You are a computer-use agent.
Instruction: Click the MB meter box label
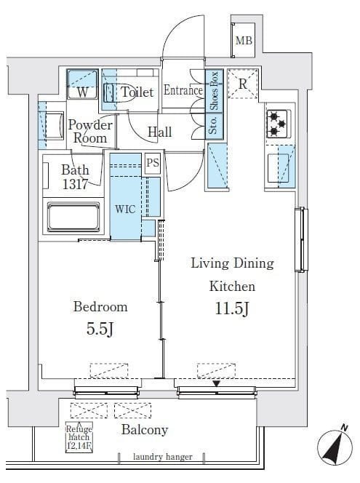244,40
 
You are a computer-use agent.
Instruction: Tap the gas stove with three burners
278,124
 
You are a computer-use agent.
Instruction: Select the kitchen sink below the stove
278,168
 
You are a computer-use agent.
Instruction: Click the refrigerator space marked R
243,84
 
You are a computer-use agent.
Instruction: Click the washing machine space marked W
82,84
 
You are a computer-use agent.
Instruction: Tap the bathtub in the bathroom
73,217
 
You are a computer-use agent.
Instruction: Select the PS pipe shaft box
153,163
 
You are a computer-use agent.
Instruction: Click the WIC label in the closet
125,209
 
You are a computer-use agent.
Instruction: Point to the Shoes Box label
214,90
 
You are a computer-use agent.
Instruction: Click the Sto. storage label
213,126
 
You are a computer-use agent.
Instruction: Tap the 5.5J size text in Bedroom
100,329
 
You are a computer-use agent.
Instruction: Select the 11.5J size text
232,308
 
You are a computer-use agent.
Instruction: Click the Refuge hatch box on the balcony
79,437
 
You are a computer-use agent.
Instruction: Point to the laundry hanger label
163,457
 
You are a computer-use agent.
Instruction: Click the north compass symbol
335,447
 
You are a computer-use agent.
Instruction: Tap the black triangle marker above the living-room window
217,383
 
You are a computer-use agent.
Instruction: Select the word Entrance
183,90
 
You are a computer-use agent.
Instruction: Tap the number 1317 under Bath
75,184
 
